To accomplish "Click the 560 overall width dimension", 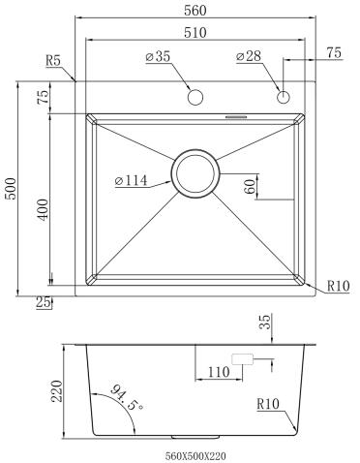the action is click(195, 11).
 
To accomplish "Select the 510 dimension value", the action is click(195, 33).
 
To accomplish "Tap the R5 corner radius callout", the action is click(53, 60).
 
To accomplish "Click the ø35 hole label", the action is click(158, 56).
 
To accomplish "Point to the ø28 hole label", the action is click(249, 56).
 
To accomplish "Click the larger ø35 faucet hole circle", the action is click(195, 97).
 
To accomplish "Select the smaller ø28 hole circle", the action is click(284, 97).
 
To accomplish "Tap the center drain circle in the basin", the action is click(195, 173).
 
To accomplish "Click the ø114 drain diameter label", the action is click(131, 180).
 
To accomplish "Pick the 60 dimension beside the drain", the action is click(250, 186).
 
